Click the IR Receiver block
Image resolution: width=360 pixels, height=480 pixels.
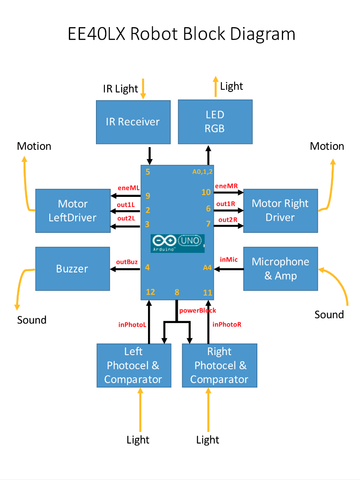(133, 122)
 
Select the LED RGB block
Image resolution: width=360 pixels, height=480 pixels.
(215, 122)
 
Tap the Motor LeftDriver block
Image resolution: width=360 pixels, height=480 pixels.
(73, 211)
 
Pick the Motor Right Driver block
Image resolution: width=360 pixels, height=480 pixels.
(280, 211)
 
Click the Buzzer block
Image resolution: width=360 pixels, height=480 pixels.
(72, 269)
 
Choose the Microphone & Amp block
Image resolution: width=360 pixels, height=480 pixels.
(280, 269)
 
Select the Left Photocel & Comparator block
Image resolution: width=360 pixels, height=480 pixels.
(134, 365)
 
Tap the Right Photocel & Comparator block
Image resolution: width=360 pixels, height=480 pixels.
(220, 365)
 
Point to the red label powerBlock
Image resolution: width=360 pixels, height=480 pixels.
(197, 310)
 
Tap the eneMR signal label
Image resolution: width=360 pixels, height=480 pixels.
(226, 186)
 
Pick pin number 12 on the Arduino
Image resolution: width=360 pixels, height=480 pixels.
(150, 292)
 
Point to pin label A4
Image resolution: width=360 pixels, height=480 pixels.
(207, 268)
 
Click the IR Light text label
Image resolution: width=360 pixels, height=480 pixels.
(120, 88)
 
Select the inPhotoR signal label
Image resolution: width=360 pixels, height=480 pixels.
(227, 324)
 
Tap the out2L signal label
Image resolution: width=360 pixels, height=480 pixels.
(126, 218)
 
